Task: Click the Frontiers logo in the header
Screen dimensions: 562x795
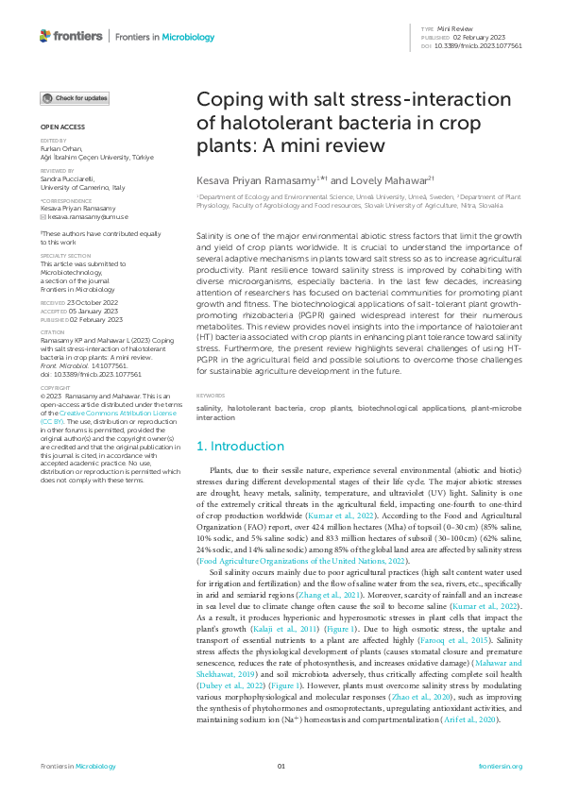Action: (x=71, y=36)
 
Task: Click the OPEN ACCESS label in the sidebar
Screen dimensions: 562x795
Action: (x=62, y=126)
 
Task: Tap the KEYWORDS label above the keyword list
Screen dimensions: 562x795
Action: (x=211, y=422)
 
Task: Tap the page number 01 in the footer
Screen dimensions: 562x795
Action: (x=281, y=766)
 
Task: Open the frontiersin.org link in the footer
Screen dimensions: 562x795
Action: (x=501, y=766)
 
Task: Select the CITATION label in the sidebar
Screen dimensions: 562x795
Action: (x=53, y=332)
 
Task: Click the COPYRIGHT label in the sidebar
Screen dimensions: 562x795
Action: (x=55, y=413)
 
